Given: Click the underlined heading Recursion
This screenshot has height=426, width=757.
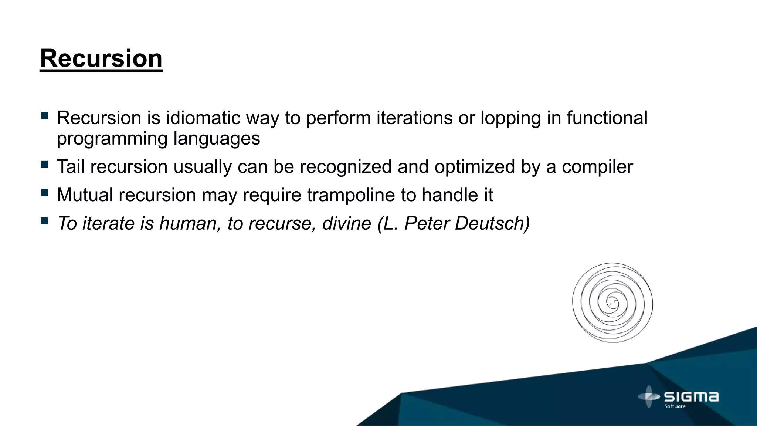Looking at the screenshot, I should coord(101,58).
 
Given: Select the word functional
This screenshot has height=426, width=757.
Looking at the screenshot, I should coord(607,118).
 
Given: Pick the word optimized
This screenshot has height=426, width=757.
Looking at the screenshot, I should coord(475,167).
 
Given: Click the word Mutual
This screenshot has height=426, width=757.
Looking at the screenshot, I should coord(85,195).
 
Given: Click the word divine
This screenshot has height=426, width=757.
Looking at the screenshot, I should coord(346,223).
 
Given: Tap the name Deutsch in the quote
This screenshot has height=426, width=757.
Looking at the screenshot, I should coord(492,223).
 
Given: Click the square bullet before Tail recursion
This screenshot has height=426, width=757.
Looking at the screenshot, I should coord(44,164).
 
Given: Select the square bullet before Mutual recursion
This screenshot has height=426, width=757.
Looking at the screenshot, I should coord(44,193).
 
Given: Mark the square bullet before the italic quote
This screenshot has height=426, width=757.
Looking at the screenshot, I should coord(44,221).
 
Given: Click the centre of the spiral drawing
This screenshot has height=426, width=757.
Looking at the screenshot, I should coord(612,303).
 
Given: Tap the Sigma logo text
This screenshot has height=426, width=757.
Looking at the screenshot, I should coord(691,397).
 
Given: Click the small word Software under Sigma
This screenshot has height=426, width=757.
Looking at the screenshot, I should coord(675,406).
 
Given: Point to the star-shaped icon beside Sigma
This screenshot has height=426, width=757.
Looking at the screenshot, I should coord(649,396).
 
